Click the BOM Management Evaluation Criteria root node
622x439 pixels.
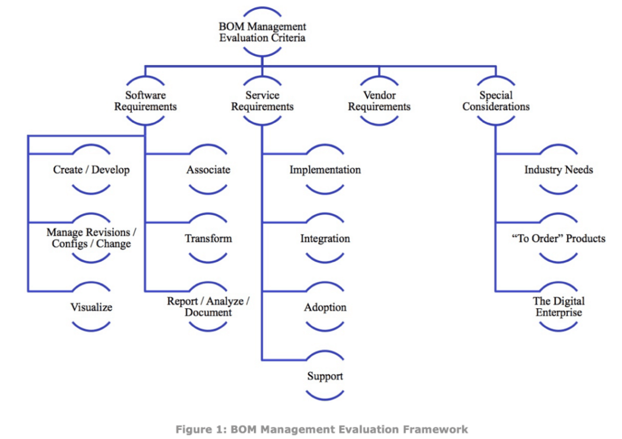262,32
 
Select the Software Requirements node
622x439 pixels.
145,101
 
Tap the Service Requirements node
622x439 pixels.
262,101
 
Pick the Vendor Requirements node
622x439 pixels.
379,101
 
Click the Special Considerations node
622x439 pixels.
496,101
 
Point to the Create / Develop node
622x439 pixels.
91,170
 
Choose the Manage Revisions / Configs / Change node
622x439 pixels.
91,238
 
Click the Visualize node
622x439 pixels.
91,307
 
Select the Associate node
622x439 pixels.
208,170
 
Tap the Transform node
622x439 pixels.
208,238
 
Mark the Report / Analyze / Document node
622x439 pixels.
208,307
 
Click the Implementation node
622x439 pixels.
325,170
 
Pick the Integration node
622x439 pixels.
325,238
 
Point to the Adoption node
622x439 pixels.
325,307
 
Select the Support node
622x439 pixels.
325,376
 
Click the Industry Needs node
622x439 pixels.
559,170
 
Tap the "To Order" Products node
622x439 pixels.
559,238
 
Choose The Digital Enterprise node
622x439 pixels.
559,307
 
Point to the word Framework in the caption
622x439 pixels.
437,429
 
